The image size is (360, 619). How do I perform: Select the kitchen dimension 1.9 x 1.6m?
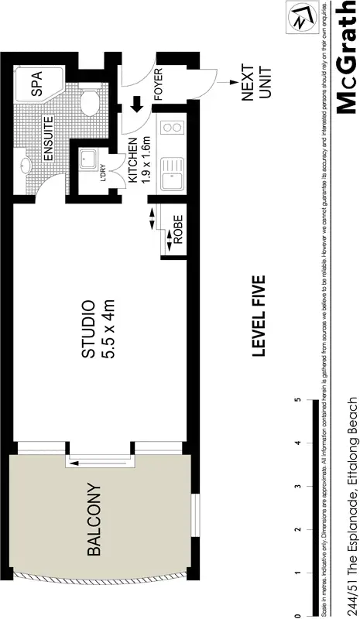click(146, 160)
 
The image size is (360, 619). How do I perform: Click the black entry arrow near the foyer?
click(136, 103)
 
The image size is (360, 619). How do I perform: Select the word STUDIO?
click(89, 329)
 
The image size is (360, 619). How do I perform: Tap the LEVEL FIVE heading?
click(259, 316)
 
